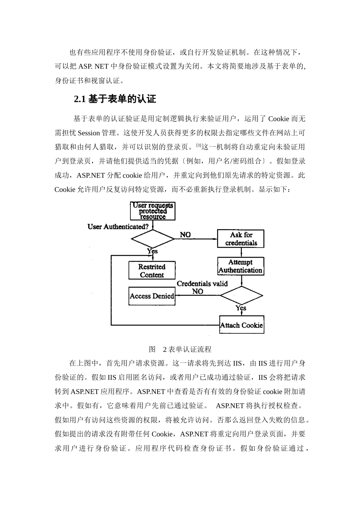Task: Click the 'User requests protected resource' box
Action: point(152,211)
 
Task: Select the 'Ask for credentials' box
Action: point(241,239)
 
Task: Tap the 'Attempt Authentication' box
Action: point(241,266)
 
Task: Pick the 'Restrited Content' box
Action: point(152,271)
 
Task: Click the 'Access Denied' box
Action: point(152,296)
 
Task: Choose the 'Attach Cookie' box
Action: point(241,325)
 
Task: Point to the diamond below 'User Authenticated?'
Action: point(152,239)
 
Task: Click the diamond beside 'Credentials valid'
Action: point(241,295)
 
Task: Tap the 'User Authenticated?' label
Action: point(118,227)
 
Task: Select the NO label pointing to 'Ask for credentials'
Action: point(185,235)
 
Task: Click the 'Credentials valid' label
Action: point(202,284)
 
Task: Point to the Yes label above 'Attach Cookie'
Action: point(241,308)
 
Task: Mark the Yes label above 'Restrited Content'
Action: point(152,251)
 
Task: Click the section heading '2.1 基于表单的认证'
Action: point(115,100)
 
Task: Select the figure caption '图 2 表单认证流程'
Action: point(180,349)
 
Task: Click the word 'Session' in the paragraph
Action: point(89,133)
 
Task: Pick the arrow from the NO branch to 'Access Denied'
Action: point(197,296)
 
